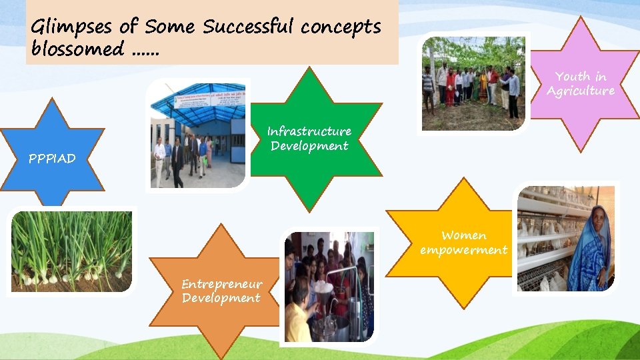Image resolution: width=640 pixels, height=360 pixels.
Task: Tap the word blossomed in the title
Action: click(x=77, y=49)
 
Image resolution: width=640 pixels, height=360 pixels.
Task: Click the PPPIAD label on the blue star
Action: click(x=52, y=159)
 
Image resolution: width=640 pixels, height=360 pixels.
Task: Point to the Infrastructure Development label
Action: click(x=309, y=138)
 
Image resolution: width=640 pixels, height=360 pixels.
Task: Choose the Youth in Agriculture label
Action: click(x=581, y=84)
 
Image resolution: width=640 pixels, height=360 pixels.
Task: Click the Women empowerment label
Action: click(x=463, y=243)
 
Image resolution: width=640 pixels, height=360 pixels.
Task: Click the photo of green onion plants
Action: click(x=72, y=251)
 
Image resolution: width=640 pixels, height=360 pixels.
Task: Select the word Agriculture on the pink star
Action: click(x=581, y=91)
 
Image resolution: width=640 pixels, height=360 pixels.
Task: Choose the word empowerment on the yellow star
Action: click(x=463, y=250)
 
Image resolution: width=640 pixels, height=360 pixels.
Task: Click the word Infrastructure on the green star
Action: click(x=309, y=131)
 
